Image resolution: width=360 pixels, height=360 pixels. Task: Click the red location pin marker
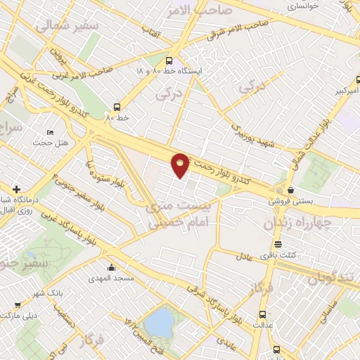coord(180,165)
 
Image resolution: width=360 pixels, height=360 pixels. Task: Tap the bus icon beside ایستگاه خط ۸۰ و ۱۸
coord(169,60)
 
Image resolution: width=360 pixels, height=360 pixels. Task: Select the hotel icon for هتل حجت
coord(49,133)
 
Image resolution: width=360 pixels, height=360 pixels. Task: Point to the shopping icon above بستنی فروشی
coord(290,189)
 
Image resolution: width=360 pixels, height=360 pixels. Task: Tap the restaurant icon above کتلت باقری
coord(279,245)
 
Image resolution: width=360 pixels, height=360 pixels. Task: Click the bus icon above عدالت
coord(263,314)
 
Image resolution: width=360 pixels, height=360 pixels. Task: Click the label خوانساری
coord(302,6)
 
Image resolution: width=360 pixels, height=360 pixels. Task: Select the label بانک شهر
coord(50,291)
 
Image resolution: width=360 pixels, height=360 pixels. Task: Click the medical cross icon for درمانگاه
coord(16,189)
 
